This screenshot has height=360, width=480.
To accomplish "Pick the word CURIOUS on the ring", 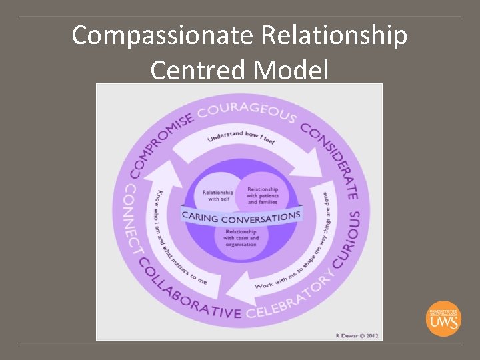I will [x=347, y=239].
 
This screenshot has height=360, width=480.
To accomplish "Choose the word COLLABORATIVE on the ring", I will [x=187, y=294].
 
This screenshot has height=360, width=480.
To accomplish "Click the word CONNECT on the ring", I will [x=133, y=219].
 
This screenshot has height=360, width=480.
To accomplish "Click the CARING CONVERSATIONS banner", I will [x=241, y=216].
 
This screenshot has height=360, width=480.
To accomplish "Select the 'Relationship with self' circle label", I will [x=218, y=195].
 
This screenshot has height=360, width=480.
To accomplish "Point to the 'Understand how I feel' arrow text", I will [x=241, y=137].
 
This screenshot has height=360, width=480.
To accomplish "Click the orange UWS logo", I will [x=443, y=318].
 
